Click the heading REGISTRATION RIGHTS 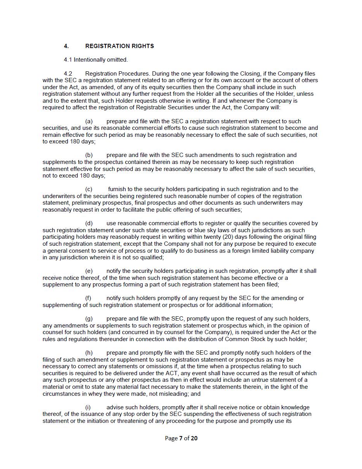(x=119, y=46)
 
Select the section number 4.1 (x=68, y=60)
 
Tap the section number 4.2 (x=68, y=74)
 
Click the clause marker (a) (x=89, y=121)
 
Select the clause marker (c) (x=89, y=189)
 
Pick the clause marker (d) (x=89, y=223)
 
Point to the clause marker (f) (x=88, y=298)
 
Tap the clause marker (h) (x=89, y=353)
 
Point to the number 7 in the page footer (x=181, y=438)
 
